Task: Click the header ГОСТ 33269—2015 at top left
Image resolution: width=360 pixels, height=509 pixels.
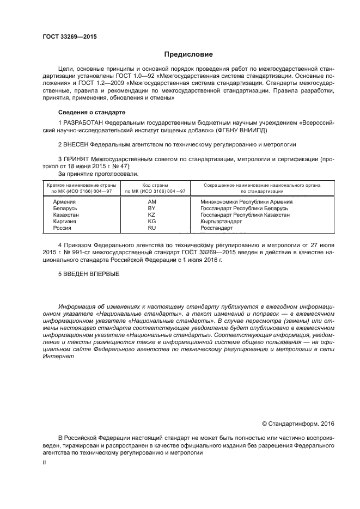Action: point(66,37)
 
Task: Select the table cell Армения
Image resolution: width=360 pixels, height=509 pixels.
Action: point(64,201)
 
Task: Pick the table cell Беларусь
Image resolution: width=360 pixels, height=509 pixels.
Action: point(65,208)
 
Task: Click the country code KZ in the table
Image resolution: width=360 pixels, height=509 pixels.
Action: point(152,215)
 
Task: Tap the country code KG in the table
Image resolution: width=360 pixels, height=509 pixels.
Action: point(152,222)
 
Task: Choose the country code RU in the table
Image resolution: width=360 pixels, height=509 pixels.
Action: point(152,228)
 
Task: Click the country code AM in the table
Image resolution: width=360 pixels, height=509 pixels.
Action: point(152,201)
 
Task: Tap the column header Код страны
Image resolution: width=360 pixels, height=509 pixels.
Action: point(155,186)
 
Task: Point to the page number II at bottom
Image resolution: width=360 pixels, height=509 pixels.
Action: point(45,462)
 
